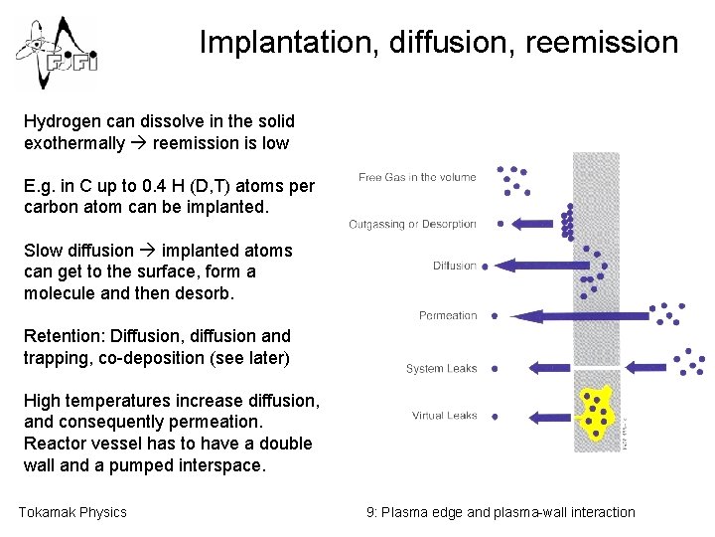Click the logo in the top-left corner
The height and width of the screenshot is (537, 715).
[x=56, y=53]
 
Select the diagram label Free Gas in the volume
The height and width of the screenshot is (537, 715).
[x=417, y=178]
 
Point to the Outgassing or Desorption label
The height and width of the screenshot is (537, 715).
[x=412, y=225]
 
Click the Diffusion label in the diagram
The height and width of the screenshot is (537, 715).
[x=455, y=266]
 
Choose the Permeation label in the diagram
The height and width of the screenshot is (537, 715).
[x=448, y=316]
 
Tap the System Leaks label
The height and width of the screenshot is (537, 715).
[x=441, y=369]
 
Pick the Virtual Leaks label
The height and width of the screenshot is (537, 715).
[x=444, y=416]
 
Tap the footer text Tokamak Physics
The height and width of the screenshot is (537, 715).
[x=72, y=512]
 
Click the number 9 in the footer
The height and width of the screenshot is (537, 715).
[x=370, y=512]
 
